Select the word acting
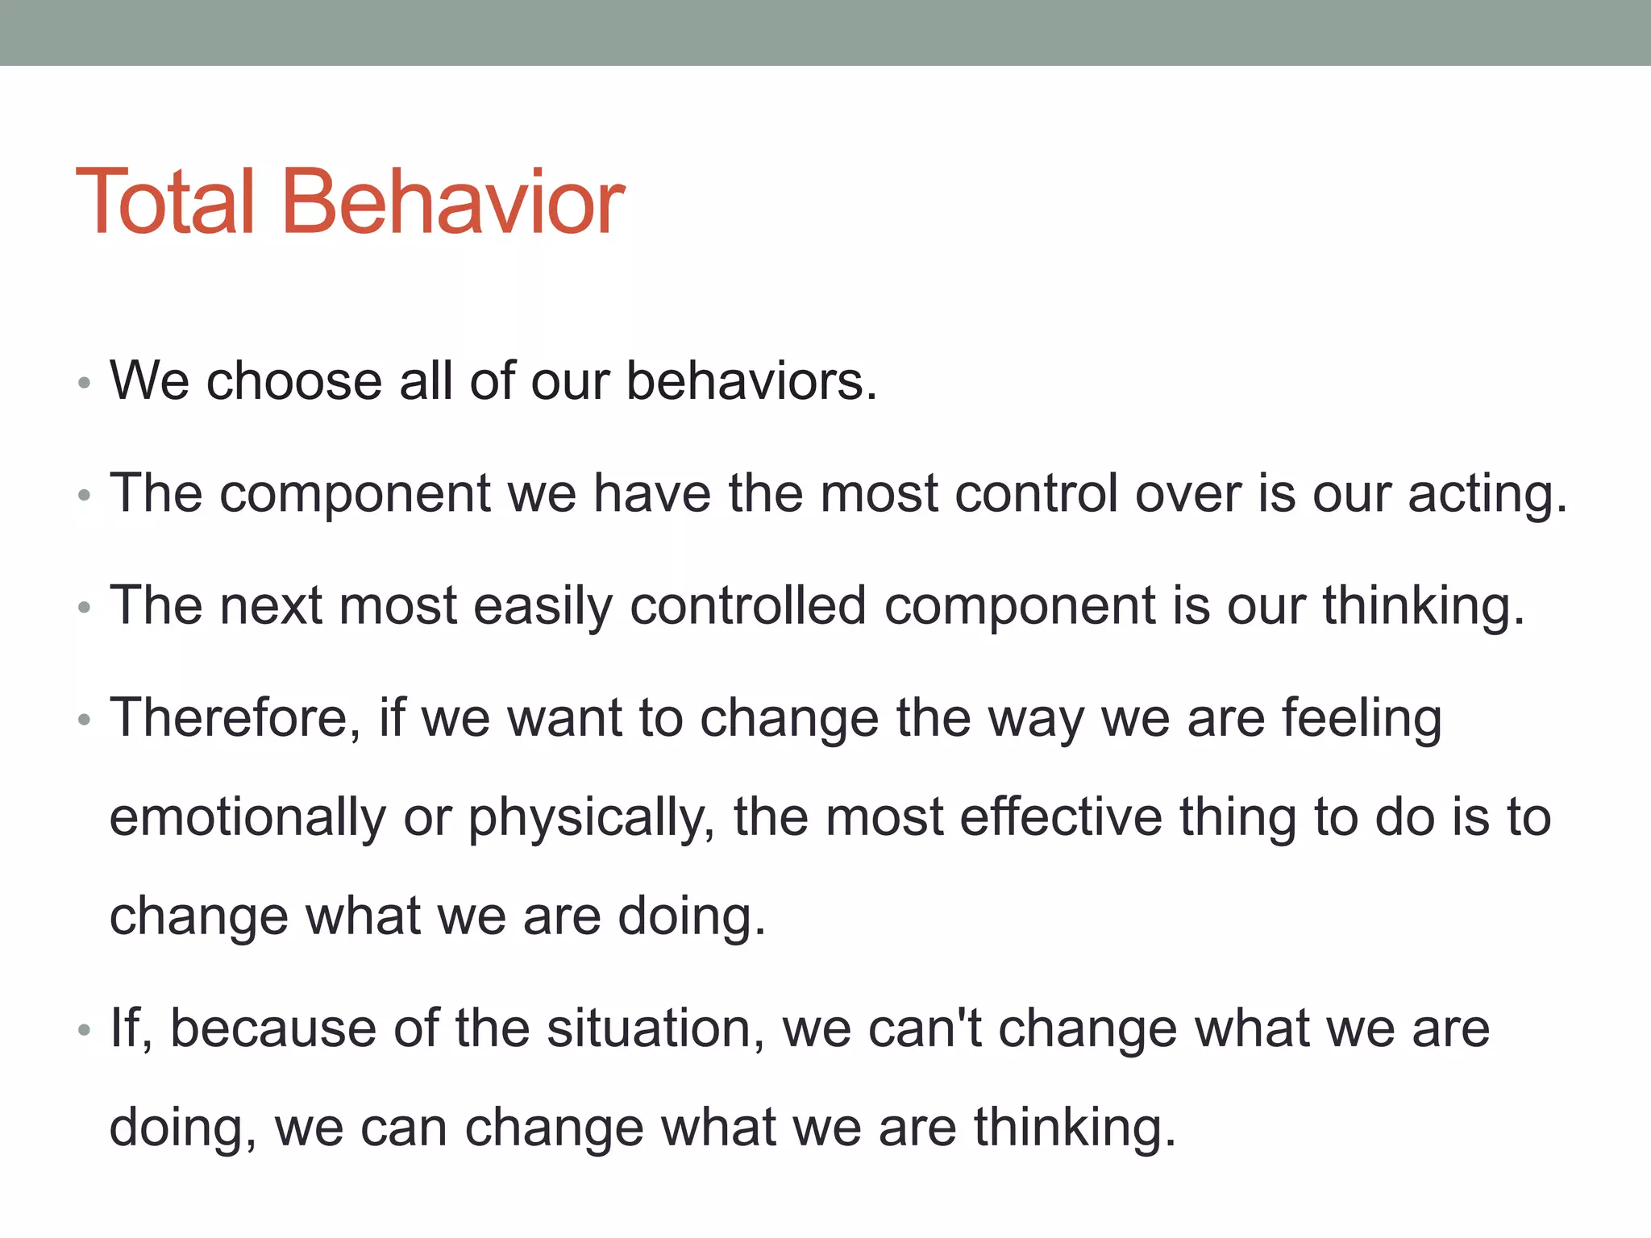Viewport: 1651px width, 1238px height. [1487, 494]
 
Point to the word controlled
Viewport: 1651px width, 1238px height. [747, 606]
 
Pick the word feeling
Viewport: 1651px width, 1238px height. [1362, 718]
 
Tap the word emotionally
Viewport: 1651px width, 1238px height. [247, 817]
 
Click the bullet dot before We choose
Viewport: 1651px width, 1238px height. [84, 384]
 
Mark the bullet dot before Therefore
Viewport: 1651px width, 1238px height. [84, 720]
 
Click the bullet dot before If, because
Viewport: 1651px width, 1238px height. [84, 1031]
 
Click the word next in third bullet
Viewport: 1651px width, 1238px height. [270, 606]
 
